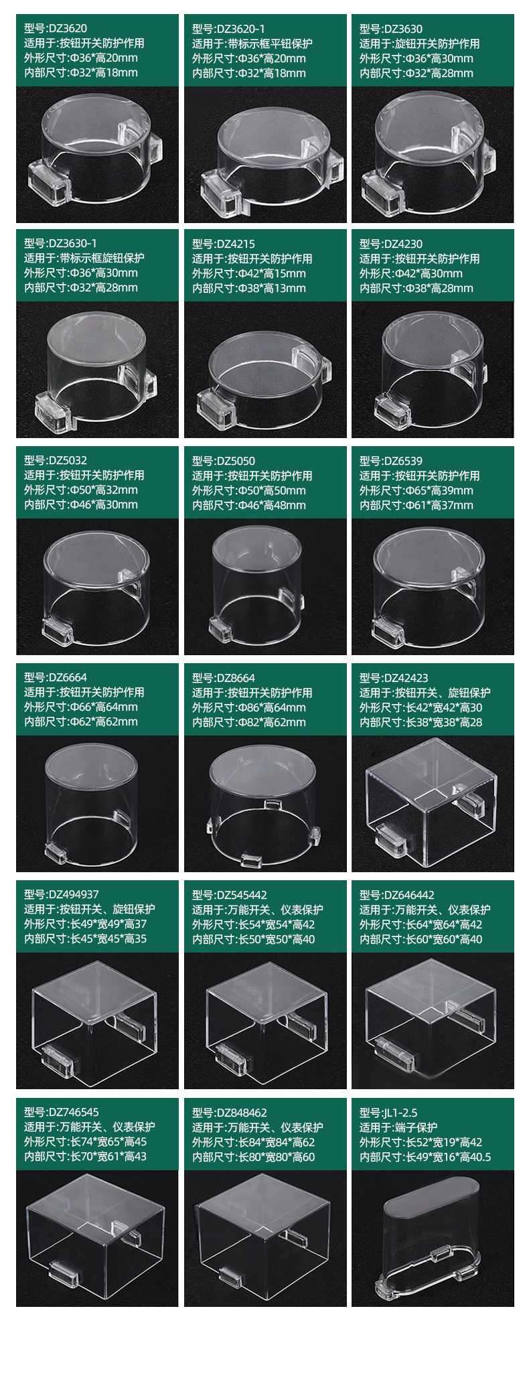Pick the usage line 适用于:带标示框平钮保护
(252, 44)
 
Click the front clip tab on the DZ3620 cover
(49, 183)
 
